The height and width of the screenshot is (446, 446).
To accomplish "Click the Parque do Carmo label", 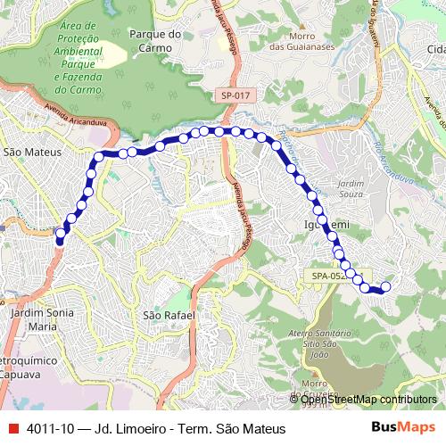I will (155, 41).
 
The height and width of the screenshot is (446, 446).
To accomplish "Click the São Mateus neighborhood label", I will (32, 153).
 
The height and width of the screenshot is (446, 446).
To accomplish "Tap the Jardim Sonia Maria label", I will (42, 320).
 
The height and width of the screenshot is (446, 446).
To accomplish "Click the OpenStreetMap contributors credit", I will (368, 400).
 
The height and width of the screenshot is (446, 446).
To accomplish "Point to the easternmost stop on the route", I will (386, 286).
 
